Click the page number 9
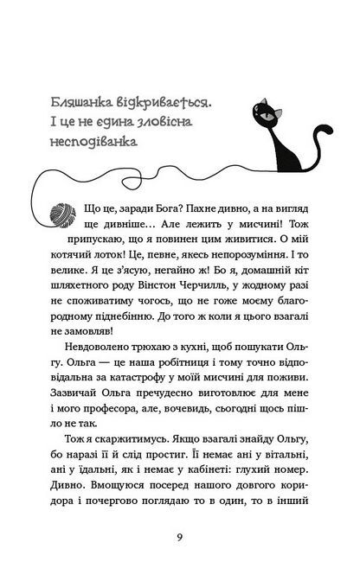(179, 535)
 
